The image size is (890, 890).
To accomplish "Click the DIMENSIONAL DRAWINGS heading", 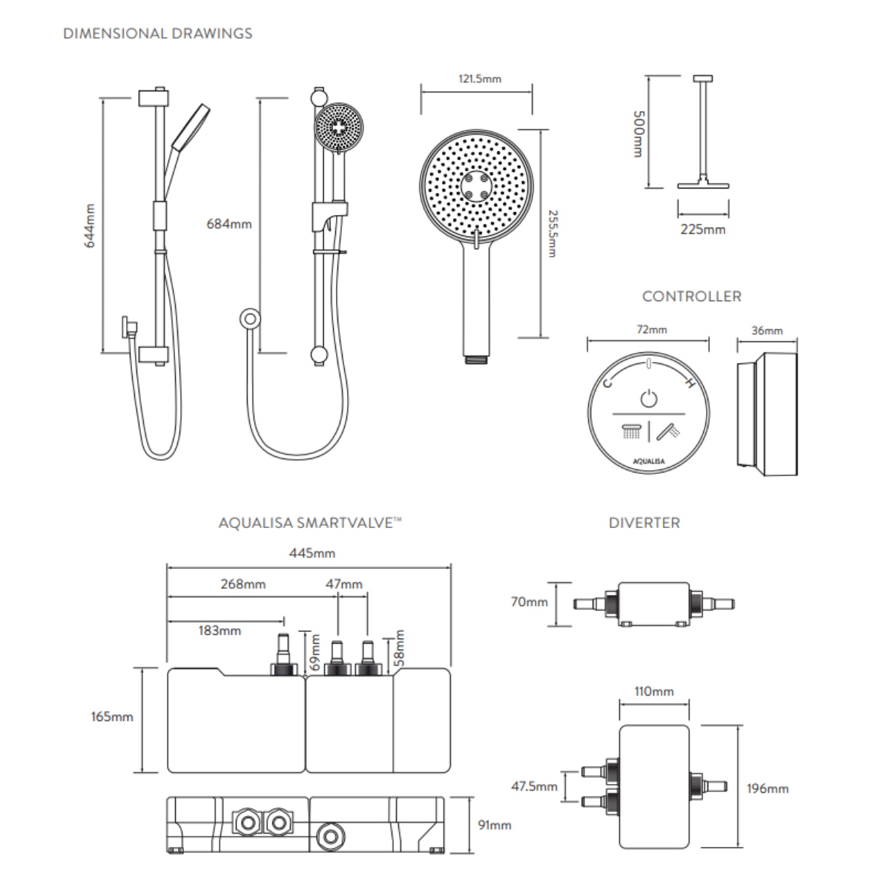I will click(157, 33).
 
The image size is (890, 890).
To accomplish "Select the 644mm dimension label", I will click(90, 225).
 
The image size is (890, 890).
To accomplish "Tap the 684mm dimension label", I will click(228, 224).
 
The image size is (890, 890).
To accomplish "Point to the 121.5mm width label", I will click(479, 79).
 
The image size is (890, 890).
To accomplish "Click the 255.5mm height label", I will click(552, 234).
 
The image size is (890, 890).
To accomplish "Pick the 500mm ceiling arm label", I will click(637, 133).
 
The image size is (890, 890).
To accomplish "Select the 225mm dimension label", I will click(702, 229).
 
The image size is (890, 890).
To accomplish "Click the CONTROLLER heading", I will click(691, 297).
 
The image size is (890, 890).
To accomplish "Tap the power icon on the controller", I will click(649, 398).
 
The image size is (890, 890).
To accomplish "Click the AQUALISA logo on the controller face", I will click(649, 461).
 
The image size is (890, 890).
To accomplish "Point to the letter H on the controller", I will click(689, 383).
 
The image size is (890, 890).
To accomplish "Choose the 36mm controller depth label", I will click(766, 331).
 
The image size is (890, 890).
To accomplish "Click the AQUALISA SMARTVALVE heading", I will click(310, 523).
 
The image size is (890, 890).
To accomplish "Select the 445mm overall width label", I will click(311, 553).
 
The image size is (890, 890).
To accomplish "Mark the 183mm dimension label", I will click(220, 631).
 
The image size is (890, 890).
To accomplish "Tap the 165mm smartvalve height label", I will click(112, 716).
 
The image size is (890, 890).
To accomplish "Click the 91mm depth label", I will click(494, 825).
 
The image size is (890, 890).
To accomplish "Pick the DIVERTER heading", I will click(644, 523).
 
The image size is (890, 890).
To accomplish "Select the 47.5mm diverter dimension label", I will click(533, 786).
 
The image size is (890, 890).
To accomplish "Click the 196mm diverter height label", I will click(767, 788).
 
